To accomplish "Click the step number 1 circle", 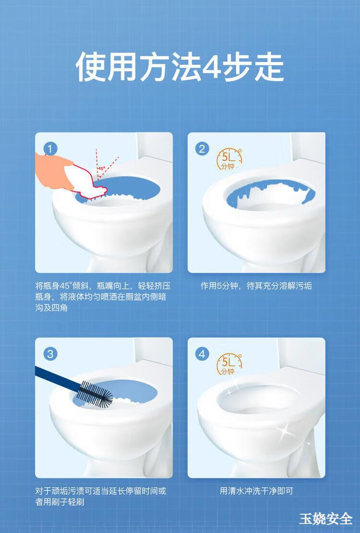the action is (50, 149).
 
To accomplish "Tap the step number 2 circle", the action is (202, 149).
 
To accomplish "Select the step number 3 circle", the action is (50, 354).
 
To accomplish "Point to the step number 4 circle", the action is (202, 354).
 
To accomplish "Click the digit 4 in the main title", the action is (212, 67).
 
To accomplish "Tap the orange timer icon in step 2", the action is (229, 159).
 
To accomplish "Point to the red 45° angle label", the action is (101, 168).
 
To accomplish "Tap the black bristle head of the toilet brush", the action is (96, 394).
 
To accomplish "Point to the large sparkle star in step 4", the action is (285, 432).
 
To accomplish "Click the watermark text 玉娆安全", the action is (325, 519).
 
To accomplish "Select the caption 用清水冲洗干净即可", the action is (256, 491).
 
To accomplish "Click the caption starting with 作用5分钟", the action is (256, 286).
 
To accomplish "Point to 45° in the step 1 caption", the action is (65, 286).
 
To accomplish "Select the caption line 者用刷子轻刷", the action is (60, 502).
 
